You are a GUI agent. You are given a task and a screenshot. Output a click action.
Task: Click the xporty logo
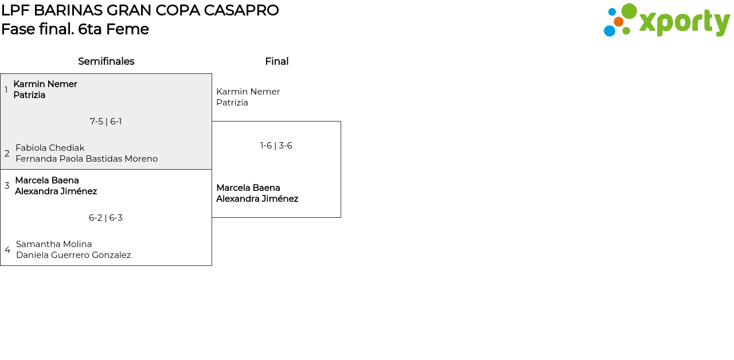click(666, 21)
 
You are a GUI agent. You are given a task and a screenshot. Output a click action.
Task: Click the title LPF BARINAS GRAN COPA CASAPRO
click(140, 10)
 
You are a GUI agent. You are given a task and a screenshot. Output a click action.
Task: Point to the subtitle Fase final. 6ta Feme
click(75, 29)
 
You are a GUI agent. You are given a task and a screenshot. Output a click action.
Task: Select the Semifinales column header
click(106, 61)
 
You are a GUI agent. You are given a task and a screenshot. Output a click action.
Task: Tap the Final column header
click(276, 61)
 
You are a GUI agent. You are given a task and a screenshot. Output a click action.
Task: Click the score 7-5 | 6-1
click(106, 122)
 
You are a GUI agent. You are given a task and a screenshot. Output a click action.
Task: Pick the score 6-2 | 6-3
click(106, 218)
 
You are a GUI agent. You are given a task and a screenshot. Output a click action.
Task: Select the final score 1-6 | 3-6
click(276, 146)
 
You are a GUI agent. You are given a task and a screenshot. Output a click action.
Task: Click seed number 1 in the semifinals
click(6, 90)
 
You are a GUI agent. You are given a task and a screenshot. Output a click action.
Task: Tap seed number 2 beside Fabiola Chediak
click(7, 154)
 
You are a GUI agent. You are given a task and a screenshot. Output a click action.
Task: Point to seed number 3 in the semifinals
click(7, 186)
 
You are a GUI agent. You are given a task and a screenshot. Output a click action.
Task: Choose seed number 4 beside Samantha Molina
click(7, 250)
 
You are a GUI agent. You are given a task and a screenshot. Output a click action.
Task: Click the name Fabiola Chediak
click(50, 148)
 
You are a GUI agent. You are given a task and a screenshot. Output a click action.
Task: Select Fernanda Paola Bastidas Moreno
click(87, 159)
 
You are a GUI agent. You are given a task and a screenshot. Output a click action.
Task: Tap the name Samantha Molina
click(54, 244)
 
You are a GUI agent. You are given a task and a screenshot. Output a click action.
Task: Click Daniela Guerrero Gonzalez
click(73, 255)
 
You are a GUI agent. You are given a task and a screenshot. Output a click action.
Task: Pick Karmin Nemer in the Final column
click(248, 92)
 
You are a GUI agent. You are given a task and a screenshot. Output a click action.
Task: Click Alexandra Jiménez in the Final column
click(257, 199)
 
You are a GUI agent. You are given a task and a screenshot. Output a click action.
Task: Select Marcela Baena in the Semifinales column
click(47, 181)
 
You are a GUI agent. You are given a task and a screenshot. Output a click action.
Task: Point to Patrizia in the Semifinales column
click(29, 95)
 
